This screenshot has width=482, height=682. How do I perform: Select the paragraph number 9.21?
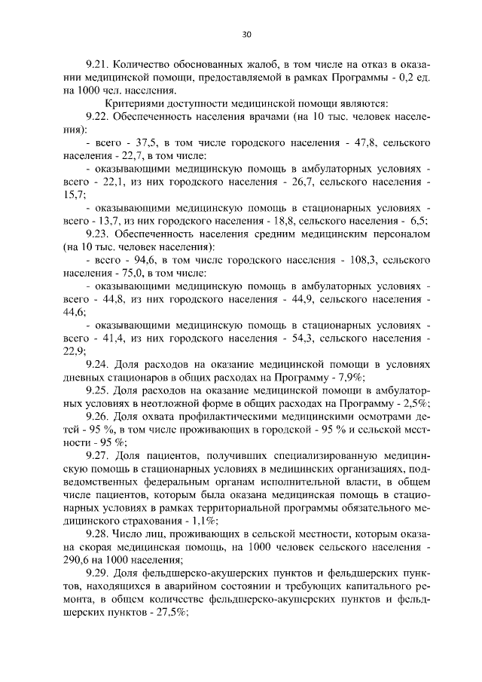pos(98,63)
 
